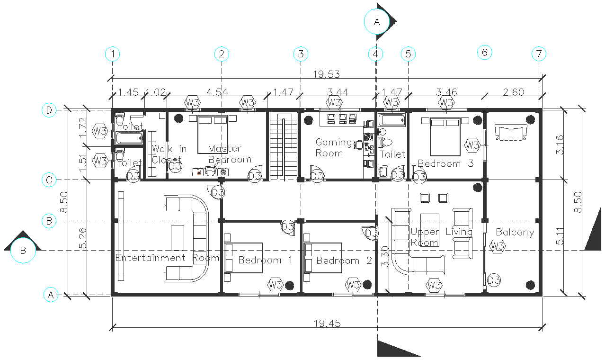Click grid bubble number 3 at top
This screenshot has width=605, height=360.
tap(301, 54)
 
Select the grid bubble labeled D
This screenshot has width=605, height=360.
tap(50, 110)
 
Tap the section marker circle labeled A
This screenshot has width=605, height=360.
tap(377, 22)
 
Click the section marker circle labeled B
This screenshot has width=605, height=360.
tap(23, 250)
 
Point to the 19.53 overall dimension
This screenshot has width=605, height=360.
tap(327, 74)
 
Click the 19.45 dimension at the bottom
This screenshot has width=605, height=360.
tap(327, 324)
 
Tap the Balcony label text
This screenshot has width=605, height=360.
tap(515, 232)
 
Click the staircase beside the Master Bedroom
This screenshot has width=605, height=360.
tap(283, 146)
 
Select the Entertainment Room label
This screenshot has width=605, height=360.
tap(167, 258)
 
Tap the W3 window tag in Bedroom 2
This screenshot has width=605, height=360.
tap(353, 285)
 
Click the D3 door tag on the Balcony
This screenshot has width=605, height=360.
tap(494, 280)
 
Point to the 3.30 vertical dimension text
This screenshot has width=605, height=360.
tap(385, 256)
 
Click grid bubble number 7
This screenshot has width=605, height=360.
tap(539, 54)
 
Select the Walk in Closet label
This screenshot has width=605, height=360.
tap(169, 154)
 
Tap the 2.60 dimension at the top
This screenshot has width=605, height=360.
tap(513, 92)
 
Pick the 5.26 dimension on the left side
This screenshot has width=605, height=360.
tap(83, 238)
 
